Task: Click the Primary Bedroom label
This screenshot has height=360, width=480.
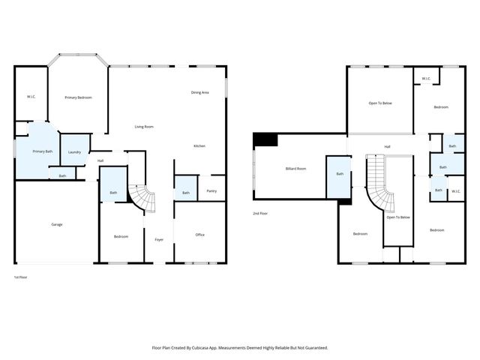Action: pyautogui.click(x=78, y=97)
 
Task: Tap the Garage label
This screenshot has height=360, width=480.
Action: pyautogui.click(x=56, y=225)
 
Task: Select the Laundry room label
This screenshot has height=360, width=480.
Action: pyautogui.click(x=74, y=152)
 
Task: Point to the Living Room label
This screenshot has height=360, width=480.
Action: pyautogui.click(x=144, y=127)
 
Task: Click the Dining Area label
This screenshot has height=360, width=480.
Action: pyautogui.click(x=199, y=92)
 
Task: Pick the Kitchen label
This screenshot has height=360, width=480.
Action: pyautogui.click(x=199, y=145)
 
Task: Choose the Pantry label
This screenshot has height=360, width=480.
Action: pyautogui.click(x=211, y=191)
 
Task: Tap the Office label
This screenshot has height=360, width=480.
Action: pyautogui.click(x=200, y=235)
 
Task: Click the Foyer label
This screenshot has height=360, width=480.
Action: pyautogui.click(x=159, y=239)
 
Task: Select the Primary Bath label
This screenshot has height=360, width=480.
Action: pyautogui.click(x=43, y=151)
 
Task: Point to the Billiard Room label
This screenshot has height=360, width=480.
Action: pyautogui.click(x=295, y=169)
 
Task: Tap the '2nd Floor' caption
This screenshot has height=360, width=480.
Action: pyautogui.click(x=259, y=213)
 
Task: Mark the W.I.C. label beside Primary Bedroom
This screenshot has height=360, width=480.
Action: pyautogui.click(x=31, y=97)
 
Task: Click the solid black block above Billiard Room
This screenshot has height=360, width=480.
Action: pyautogui.click(x=265, y=139)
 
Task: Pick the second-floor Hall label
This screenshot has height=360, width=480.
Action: pyautogui.click(x=387, y=146)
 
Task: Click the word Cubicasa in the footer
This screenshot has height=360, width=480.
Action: pyautogui.click(x=212, y=348)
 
